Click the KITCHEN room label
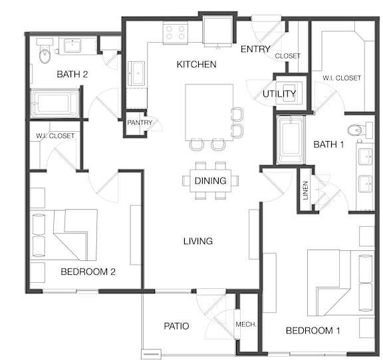point(196,65)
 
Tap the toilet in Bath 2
point(45,51)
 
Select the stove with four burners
point(175,33)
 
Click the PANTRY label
point(140,122)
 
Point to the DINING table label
point(210,181)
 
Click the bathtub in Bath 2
point(55,103)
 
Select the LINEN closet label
point(305,190)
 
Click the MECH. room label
point(246,325)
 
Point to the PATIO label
point(176,326)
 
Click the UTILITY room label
point(279,94)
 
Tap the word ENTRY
point(255,49)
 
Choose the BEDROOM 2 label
point(88,271)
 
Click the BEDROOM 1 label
point(313,331)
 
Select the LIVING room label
point(198,242)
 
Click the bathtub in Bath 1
point(291,140)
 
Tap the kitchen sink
point(137,73)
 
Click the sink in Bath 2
point(72,46)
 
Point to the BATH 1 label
point(328,144)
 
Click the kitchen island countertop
point(209,112)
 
